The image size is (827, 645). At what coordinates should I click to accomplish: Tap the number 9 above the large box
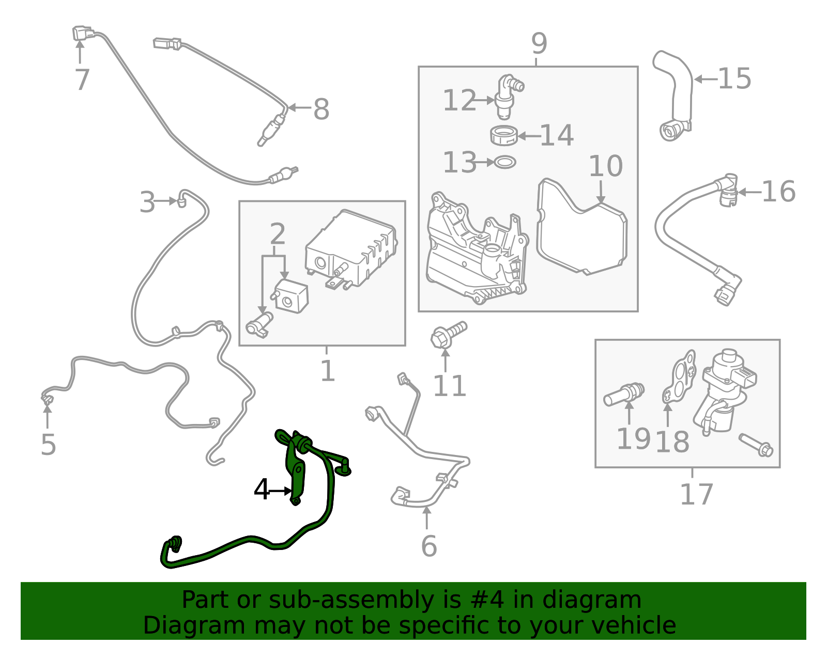539,44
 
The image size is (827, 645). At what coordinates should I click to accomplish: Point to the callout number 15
734,79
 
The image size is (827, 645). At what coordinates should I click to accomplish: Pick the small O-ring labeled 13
505,163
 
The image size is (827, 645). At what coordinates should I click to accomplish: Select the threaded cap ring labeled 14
504,136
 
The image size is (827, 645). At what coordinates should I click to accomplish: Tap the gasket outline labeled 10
581,227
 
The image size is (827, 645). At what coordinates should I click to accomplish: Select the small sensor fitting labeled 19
624,395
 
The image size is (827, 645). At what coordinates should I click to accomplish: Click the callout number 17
696,494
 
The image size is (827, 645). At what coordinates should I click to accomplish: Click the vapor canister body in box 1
351,248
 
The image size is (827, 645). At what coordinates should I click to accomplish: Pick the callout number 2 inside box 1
278,234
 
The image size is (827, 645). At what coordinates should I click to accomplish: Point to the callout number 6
428,546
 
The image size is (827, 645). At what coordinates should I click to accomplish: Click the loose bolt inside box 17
755,445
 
